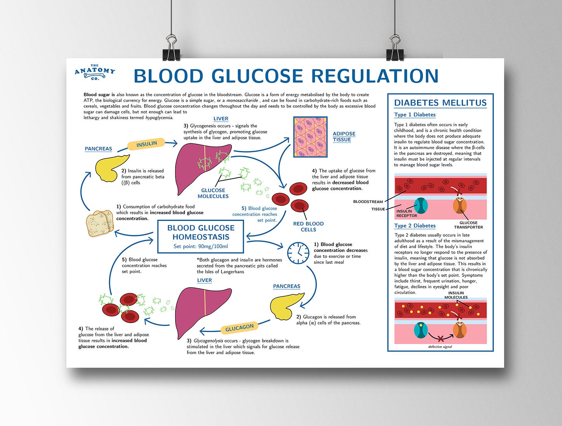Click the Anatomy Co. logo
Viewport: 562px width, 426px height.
click(x=95, y=72)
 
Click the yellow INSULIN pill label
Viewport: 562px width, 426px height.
click(x=146, y=144)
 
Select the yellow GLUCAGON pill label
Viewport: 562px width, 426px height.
click(x=239, y=328)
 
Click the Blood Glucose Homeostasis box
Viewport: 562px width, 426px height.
click(x=201, y=236)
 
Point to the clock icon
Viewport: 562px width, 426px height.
click(x=298, y=253)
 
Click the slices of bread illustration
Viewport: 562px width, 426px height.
click(x=99, y=223)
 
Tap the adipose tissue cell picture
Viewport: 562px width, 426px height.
click(x=310, y=137)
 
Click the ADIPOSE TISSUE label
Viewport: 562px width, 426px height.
click(x=344, y=137)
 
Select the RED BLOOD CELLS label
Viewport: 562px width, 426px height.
click(x=308, y=226)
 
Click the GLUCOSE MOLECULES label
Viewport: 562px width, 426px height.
click(x=213, y=193)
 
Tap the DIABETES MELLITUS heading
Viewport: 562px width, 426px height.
click(x=440, y=103)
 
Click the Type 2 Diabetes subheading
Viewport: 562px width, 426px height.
click(x=415, y=226)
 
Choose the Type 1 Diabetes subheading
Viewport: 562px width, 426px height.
click(x=415, y=115)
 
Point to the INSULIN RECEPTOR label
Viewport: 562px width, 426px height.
click(x=406, y=214)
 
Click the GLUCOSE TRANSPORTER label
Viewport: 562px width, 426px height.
click(x=468, y=225)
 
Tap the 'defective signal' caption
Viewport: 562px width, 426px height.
click(x=440, y=347)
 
